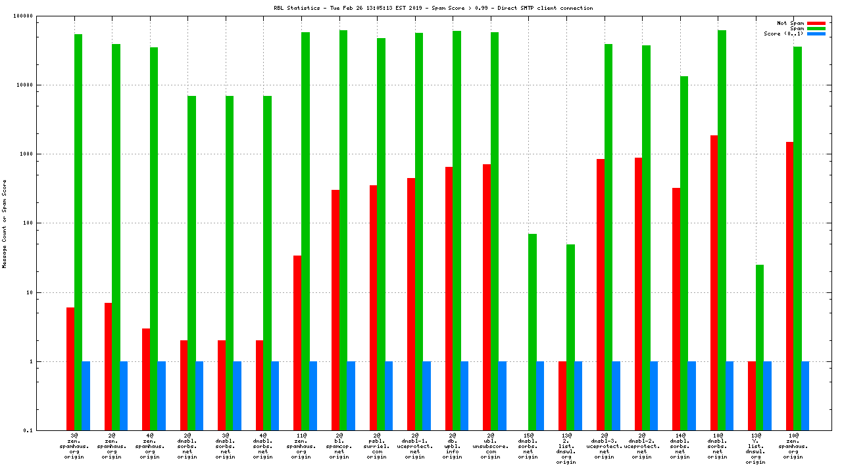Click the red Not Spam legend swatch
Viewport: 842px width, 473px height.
(x=816, y=23)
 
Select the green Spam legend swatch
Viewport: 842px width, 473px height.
(x=816, y=28)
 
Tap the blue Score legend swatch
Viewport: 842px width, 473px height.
(x=816, y=34)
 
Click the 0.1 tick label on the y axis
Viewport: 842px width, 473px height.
(x=47, y=430)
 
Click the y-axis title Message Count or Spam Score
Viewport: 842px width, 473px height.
(x=5, y=223)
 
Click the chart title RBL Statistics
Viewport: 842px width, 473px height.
(x=433, y=8)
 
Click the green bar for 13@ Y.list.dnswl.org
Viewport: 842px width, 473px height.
(x=760, y=348)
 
